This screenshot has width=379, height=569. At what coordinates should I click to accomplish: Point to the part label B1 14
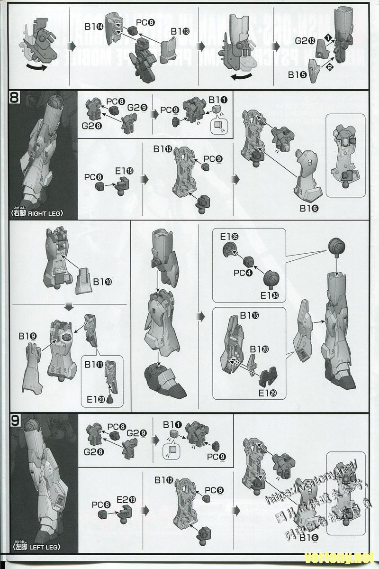tap(95, 27)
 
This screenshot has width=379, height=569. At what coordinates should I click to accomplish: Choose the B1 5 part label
tap(298, 74)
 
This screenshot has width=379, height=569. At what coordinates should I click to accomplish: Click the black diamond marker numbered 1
tap(328, 37)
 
